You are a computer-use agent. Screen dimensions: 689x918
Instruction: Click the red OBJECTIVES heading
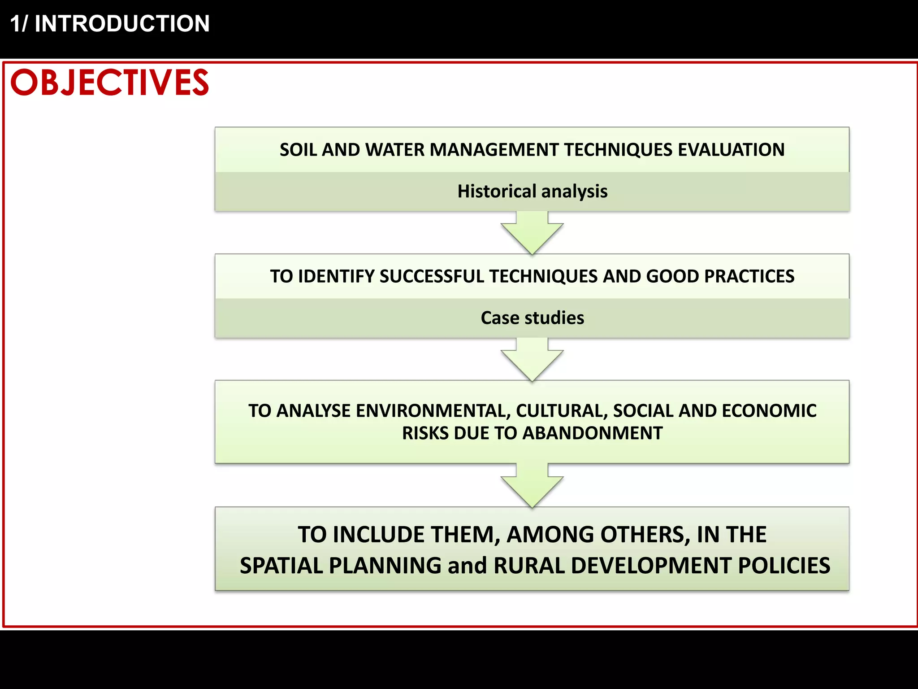pos(109,83)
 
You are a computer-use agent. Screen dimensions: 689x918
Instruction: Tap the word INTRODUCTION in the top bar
pos(122,24)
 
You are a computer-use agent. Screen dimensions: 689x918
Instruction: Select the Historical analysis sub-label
pos(532,192)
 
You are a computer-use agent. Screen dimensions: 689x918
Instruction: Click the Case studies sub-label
pos(532,318)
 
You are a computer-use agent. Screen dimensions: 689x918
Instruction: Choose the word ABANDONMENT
pos(592,433)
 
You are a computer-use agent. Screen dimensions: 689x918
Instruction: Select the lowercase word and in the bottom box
pos(467,566)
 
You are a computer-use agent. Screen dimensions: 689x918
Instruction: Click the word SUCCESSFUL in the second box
pos(432,276)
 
